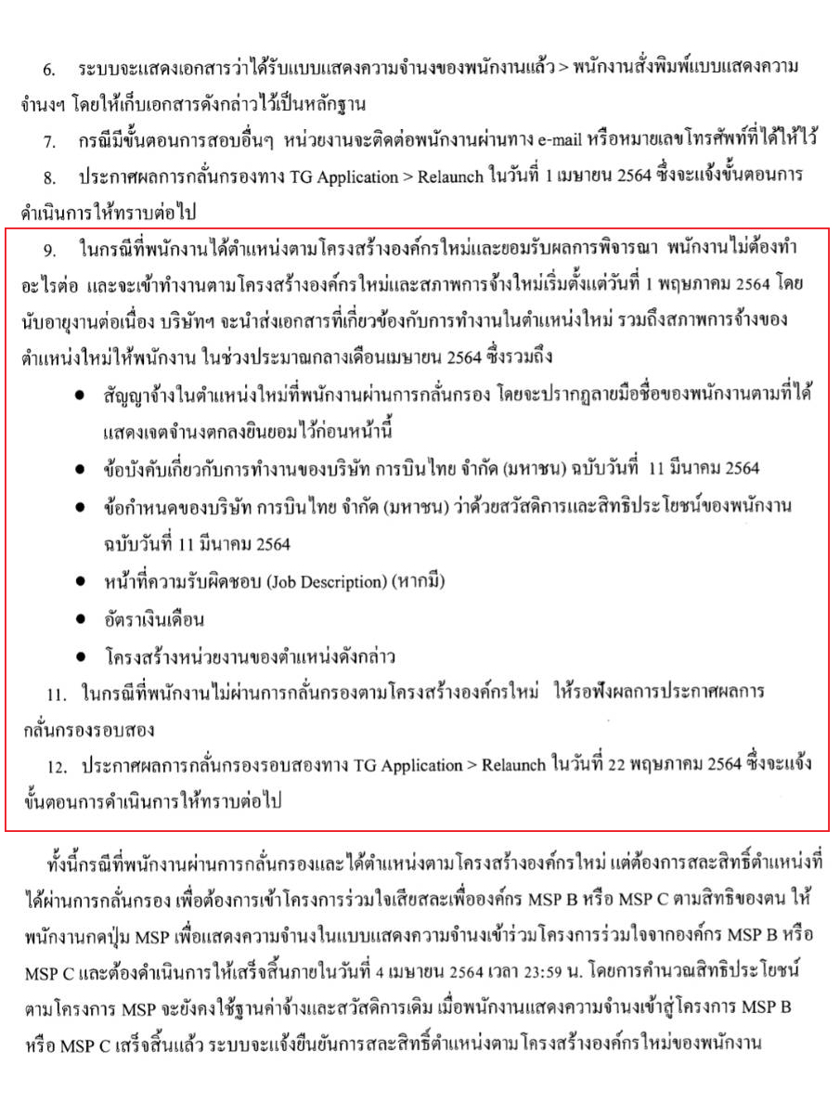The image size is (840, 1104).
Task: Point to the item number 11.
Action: [56, 694]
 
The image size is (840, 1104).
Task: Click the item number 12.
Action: [57, 765]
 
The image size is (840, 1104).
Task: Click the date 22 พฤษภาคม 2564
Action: [673, 765]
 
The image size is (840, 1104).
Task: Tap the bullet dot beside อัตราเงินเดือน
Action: [83, 618]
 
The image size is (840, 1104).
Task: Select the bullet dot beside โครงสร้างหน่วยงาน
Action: [83, 656]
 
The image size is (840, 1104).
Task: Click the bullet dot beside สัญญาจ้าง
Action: [83, 396]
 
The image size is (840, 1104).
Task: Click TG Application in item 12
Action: [405, 765]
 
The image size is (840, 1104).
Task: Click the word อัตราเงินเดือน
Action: [153, 618]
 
